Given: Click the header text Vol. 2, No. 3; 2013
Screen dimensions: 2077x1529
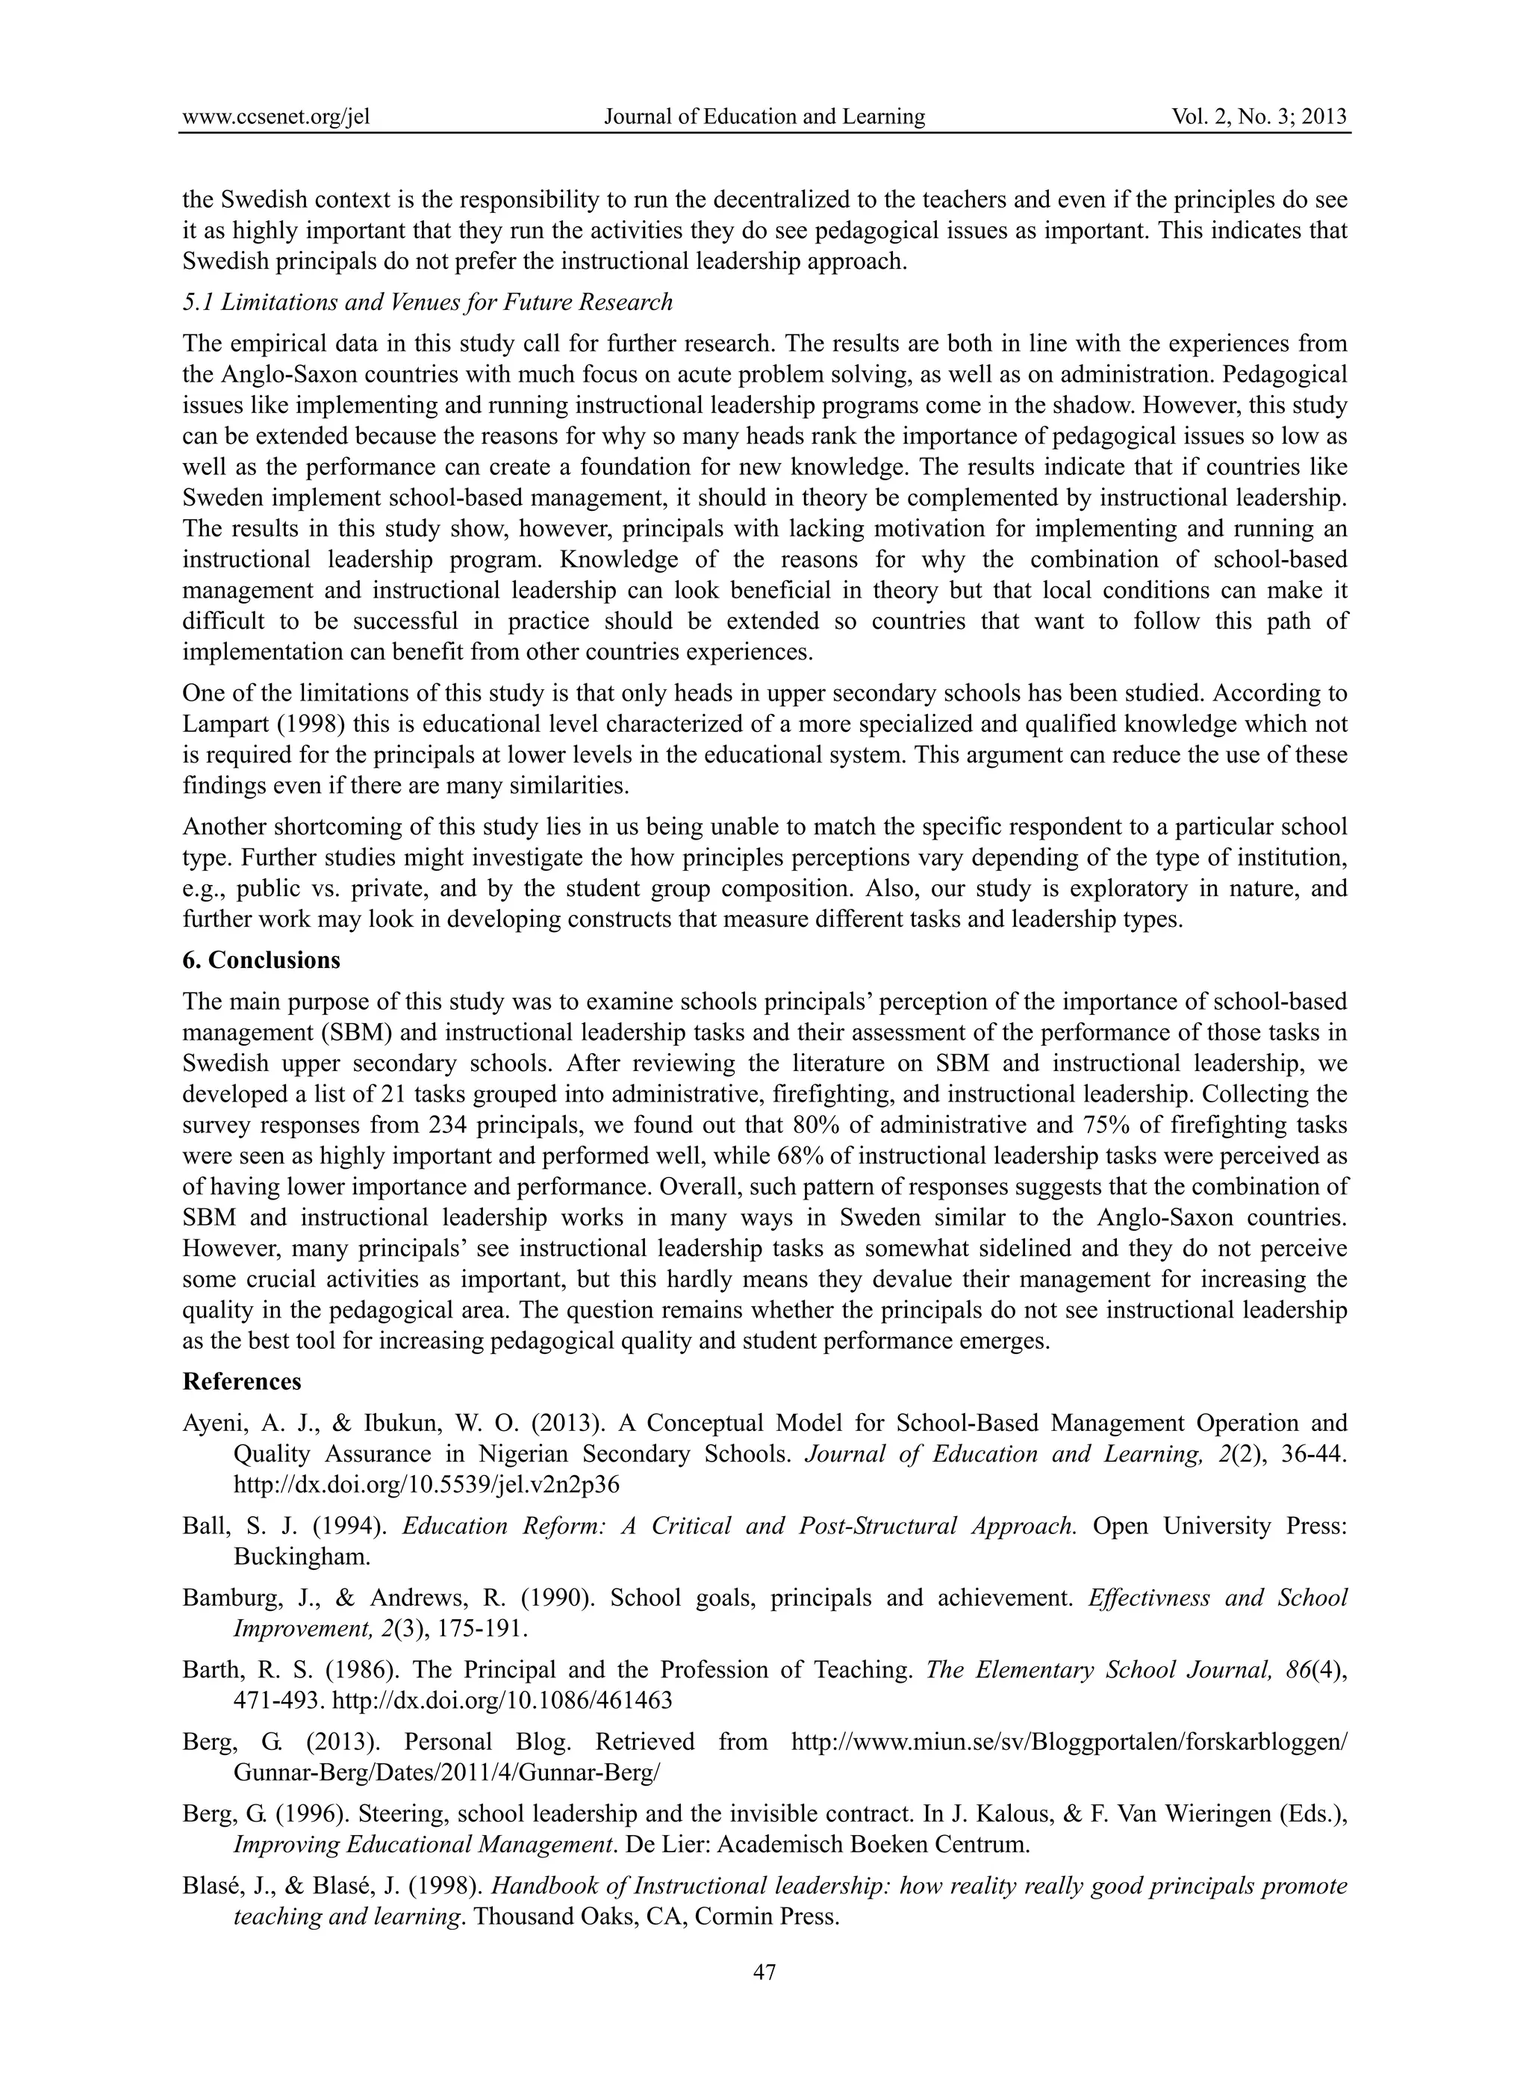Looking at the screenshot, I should [1259, 117].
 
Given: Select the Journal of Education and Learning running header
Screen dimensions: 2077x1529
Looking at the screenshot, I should [764, 117].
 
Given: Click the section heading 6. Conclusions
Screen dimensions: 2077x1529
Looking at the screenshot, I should [261, 960].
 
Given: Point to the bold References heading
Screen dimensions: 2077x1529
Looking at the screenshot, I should [242, 1382].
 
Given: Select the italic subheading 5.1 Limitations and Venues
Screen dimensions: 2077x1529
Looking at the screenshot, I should [427, 302].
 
